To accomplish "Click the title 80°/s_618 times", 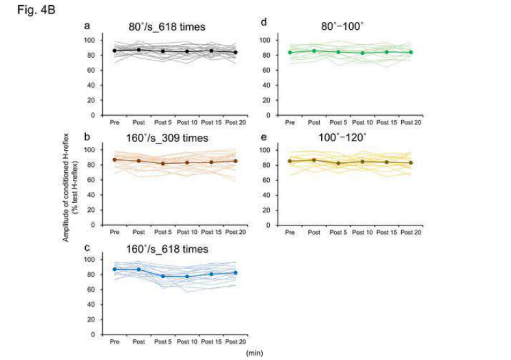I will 166,27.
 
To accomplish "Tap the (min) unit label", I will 254,353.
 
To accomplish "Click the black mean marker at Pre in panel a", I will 115,51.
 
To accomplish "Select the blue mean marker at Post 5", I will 163,276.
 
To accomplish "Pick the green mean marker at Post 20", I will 411,52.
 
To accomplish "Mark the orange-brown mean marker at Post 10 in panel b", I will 187,162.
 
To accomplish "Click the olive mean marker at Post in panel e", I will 314,160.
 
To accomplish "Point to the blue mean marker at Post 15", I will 211,274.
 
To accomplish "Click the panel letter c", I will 87,248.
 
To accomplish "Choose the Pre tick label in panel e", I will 290,233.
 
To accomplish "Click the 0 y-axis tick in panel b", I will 94,225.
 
